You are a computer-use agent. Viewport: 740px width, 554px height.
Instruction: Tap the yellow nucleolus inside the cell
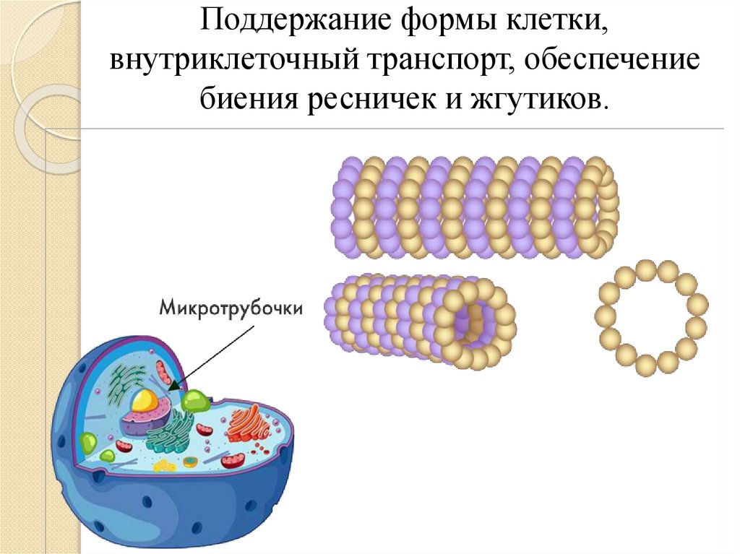(x=145, y=399)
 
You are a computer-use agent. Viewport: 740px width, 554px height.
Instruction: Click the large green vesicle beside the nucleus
(x=194, y=401)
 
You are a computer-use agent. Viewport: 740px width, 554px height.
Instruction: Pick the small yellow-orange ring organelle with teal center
(x=190, y=462)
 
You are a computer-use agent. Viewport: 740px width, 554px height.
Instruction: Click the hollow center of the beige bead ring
(x=653, y=318)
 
